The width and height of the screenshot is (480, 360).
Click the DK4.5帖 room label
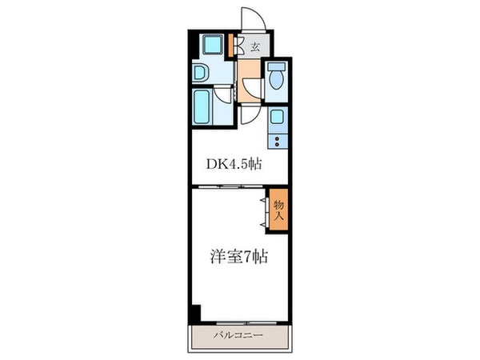[x=234, y=164]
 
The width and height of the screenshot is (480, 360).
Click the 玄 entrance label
[x=255, y=47]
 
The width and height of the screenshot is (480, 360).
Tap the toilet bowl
[x=276, y=78]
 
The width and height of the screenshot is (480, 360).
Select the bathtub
[x=203, y=106]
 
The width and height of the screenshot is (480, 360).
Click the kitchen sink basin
[x=277, y=120]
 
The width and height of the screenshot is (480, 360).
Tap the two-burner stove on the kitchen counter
[x=278, y=142]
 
